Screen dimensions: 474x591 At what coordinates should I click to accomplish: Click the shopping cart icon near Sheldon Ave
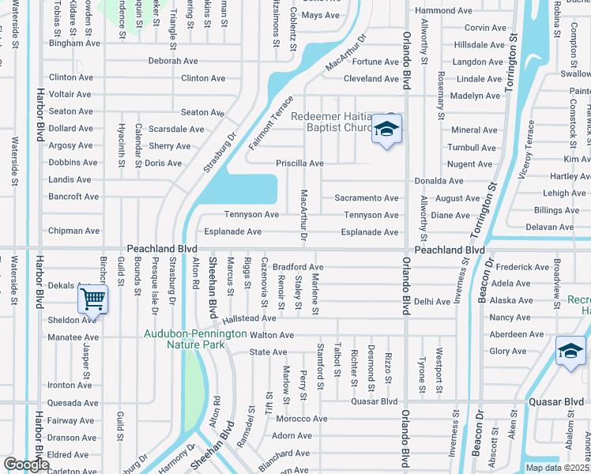[x=93, y=299]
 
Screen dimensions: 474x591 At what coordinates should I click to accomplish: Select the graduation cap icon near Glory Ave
[x=570, y=352]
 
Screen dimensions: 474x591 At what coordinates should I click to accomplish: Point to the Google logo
[x=27, y=464]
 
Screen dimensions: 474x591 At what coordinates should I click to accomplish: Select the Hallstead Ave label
[x=249, y=318]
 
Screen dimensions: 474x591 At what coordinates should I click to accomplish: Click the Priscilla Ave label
[x=299, y=164]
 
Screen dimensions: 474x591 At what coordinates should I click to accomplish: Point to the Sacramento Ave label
[x=367, y=197]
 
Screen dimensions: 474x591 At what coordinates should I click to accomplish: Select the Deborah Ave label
[x=173, y=61]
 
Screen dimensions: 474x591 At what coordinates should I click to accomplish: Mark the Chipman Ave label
[x=74, y=231]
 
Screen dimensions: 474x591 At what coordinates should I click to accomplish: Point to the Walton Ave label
[x=272, y=335]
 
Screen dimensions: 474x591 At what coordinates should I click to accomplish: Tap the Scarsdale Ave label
[x=176, y=129]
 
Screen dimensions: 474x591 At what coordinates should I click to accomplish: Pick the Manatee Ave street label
[x=74, y=337]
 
